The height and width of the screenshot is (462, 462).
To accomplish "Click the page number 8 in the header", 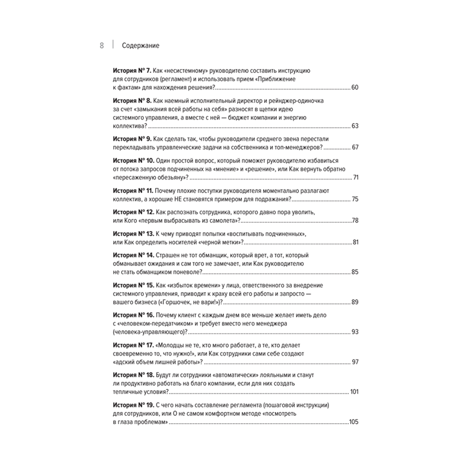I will click(102, 46).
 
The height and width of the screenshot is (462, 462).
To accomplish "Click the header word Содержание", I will click(141, 46).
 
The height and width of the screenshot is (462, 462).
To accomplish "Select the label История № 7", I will click(132, 71).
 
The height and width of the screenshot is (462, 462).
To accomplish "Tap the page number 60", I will click(355, 88).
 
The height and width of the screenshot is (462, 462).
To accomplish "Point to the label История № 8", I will click(132, 100).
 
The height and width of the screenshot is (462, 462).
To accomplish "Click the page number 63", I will click(355, 126).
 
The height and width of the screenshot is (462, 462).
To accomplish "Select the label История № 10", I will click(133, 160).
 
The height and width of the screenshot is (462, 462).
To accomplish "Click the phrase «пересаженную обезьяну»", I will click(150, 177).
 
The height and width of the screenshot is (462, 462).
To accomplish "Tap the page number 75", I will click(355, 199).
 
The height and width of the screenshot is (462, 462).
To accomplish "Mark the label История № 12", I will click(133, 212).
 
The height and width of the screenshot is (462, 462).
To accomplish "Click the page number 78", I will click(355, 220).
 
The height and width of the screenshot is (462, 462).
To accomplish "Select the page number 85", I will click(355, 272).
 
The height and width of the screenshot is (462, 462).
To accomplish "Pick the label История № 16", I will click(133, 315).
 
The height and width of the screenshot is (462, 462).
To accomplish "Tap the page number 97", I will click(355, 361).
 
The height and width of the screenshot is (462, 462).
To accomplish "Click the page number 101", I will click(354, 391).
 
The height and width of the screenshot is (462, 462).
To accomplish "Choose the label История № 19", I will click(133, 404).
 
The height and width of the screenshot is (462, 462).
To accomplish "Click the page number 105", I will click(354, 421).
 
